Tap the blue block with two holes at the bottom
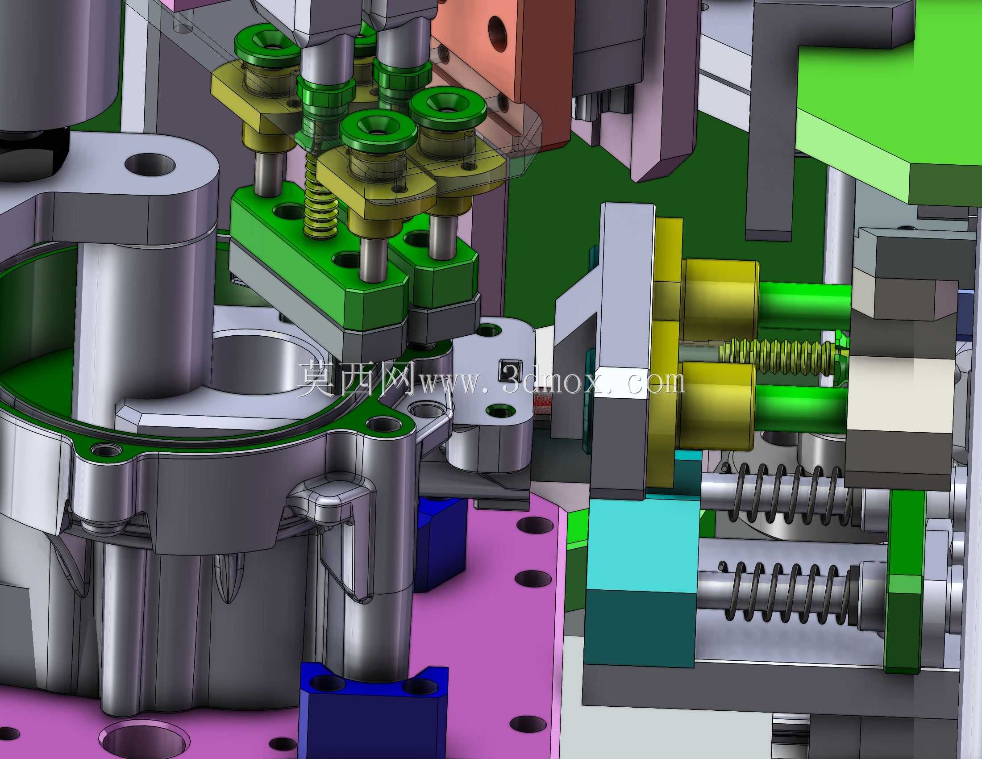click(x=373, y=710)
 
